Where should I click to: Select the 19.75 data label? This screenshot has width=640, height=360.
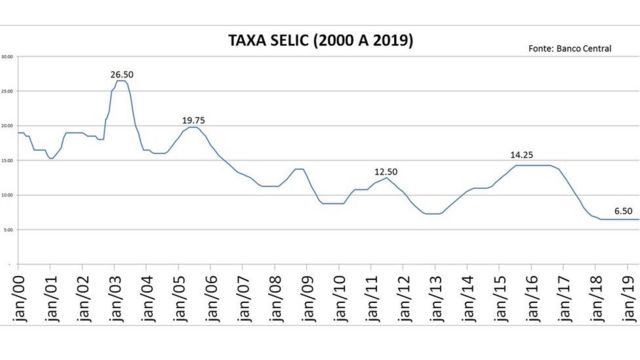click(x=194, y=119)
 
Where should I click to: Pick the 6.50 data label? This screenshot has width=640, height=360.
click(x=622, y=210)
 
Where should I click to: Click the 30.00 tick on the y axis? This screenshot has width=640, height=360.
click(x=7, y=56)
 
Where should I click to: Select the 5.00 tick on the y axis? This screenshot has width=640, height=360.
click(x=7, y=230)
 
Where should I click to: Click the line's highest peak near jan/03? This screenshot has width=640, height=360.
click(x=121, y=81)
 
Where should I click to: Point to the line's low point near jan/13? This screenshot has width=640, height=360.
click(x=432, y=213)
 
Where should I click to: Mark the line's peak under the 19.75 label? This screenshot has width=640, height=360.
click(x=194, y=127)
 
